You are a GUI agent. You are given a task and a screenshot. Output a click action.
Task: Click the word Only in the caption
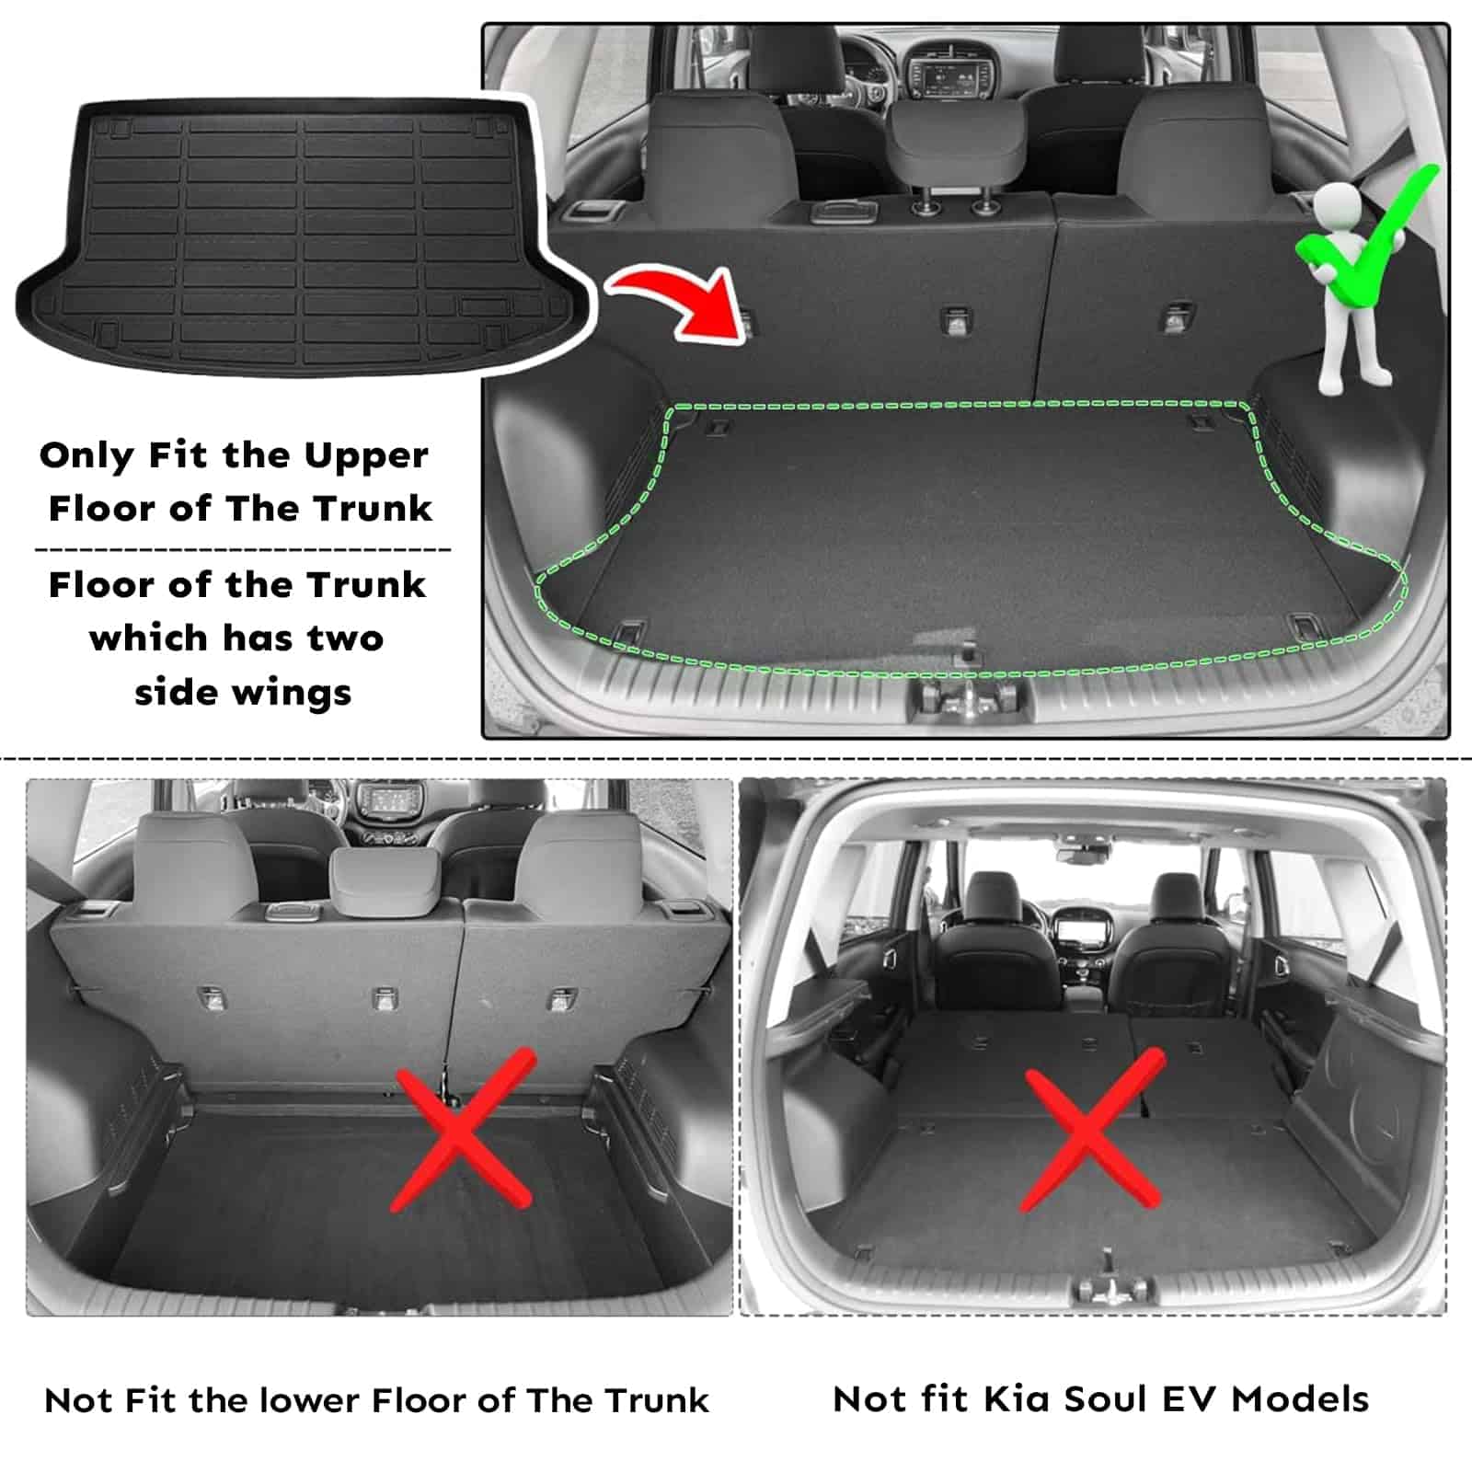pos(88,456)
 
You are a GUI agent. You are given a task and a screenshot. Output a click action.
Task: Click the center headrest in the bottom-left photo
pos(384,880)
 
